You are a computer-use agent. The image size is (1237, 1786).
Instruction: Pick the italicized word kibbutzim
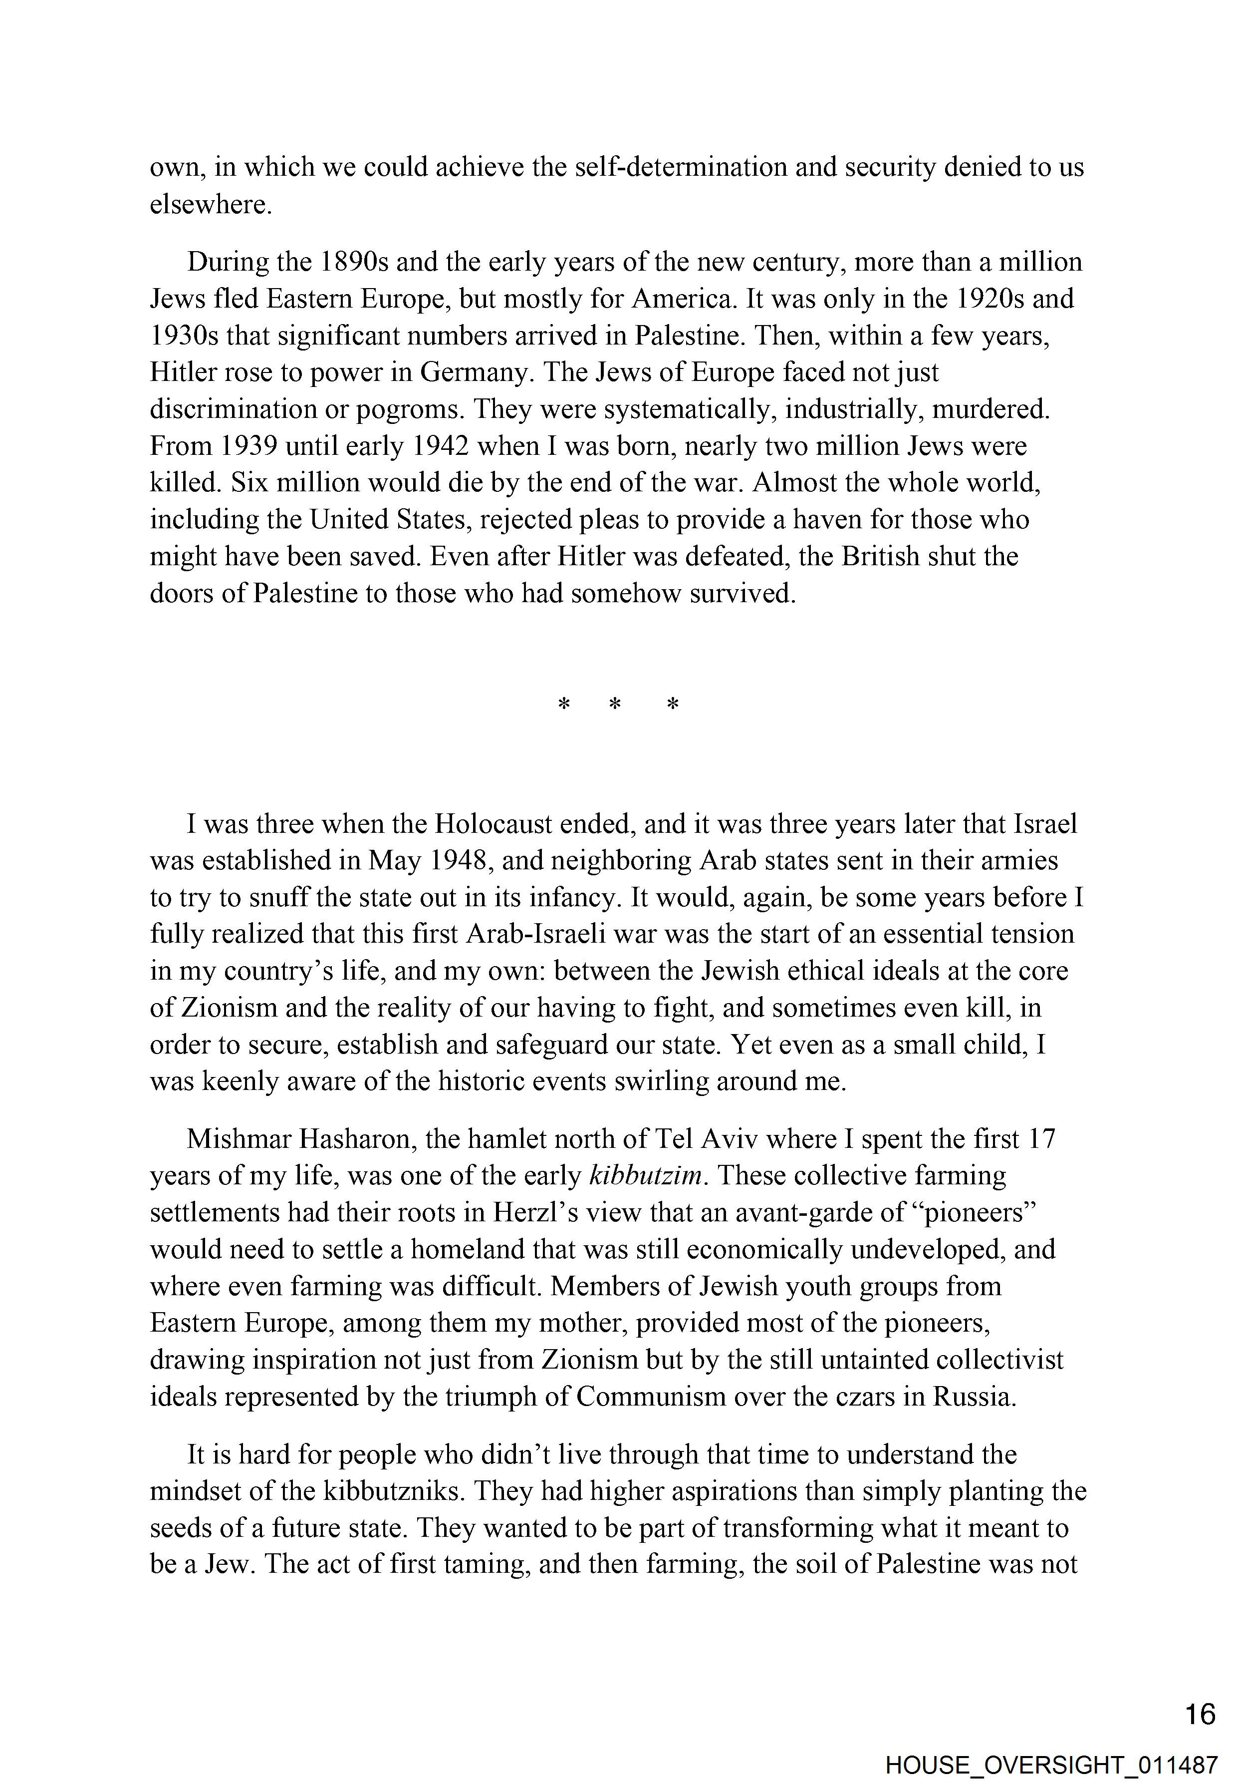646,1176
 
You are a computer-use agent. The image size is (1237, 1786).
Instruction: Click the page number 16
1200,1713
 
